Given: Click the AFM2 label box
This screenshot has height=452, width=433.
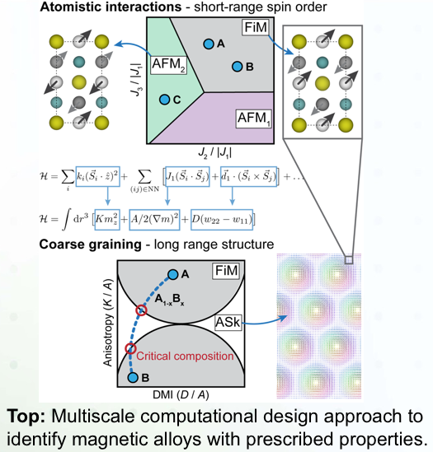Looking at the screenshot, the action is [x=169, y=65].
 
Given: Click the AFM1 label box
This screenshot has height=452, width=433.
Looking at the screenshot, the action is [x=254, y=119].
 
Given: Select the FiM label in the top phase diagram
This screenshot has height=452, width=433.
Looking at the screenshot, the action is [x=256, y=28].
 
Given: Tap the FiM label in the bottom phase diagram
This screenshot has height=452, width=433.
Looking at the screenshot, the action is [x=226, y=271].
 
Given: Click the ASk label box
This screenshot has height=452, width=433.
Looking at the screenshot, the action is [x=228, y=323].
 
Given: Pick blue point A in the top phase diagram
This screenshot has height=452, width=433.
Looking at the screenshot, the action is [x=209, y=44].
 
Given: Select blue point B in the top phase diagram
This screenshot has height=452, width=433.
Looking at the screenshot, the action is [x=238, y=67].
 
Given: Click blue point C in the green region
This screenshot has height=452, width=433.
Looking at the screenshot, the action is [x=164, y=100].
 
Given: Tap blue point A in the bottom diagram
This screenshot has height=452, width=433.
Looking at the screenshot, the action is [x=172, y=274].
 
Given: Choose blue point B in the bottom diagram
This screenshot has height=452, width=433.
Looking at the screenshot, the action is [x=133, y=377].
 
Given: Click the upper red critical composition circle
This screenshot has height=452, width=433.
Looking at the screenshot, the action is [x=142, y=310].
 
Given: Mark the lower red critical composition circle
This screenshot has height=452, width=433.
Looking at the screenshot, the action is [x=130, y=349].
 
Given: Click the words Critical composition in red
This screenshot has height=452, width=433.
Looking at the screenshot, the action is [x=185, y=356].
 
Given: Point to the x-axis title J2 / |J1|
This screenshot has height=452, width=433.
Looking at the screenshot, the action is [x=215, y=152].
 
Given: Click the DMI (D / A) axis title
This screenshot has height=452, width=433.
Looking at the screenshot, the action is [x=181, y=394].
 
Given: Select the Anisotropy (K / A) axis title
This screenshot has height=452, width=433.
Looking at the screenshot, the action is [x=107, y=323].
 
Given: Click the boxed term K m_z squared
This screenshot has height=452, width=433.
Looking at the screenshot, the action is [x=107, y=220].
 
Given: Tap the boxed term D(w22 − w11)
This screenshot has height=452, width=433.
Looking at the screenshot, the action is [x=222, y=220].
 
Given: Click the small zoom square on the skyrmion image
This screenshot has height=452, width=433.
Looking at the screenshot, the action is [x=349, y=259].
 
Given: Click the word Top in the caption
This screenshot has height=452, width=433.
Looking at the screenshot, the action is [x=26, y=417].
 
